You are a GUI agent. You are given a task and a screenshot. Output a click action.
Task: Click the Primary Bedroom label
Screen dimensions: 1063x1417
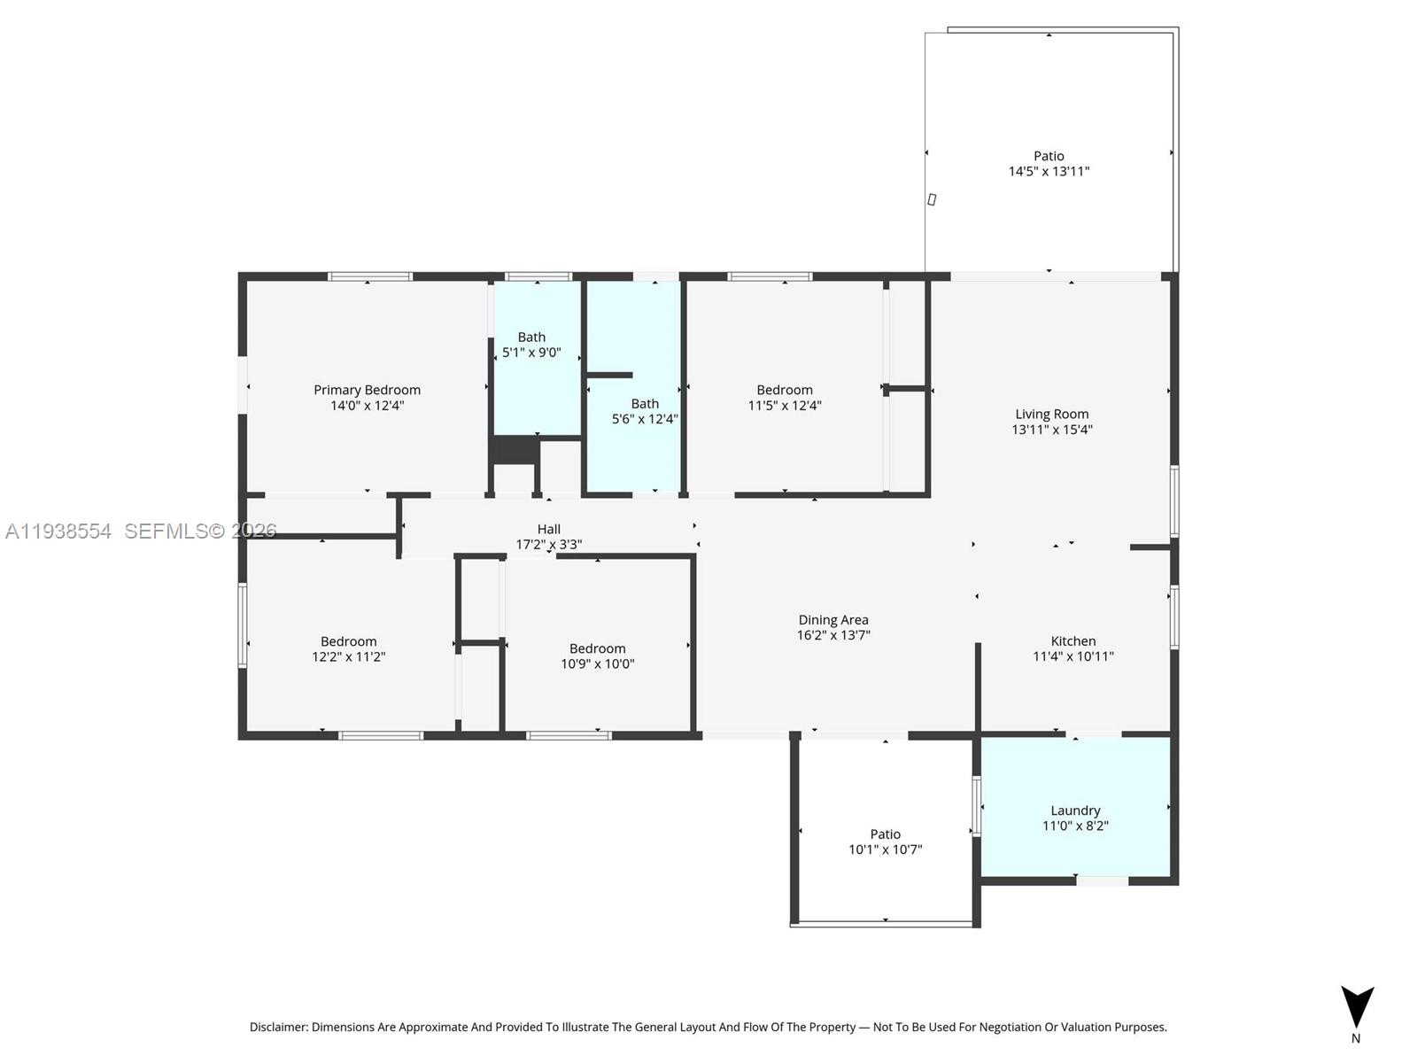(367, 390)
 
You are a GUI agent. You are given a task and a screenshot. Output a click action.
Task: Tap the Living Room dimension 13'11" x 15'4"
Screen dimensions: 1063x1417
(1052, 430)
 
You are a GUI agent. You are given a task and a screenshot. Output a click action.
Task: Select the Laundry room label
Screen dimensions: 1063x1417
(1075, 811)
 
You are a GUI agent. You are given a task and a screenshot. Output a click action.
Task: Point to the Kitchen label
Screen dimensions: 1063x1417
(1073, 641)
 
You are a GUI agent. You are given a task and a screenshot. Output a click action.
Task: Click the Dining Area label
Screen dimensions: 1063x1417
(833, 620)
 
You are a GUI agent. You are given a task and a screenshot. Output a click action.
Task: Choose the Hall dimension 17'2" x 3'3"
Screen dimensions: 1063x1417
(549, 545)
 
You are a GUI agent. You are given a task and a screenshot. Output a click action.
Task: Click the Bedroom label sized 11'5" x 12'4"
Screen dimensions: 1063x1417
(785, 390)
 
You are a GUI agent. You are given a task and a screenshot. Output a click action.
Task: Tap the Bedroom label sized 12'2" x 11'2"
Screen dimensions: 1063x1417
(348, 641)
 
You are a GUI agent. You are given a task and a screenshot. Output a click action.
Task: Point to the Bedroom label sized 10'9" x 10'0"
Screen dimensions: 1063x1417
(598, 648)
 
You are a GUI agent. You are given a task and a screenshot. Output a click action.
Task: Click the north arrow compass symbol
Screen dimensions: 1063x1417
(1357, 1008)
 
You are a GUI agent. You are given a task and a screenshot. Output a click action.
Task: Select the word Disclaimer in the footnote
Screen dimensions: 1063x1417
(278, 1028)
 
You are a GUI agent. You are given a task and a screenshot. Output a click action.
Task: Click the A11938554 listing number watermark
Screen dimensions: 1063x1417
(58, 531)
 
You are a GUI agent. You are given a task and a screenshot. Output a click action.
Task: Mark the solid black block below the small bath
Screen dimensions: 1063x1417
(515, 450)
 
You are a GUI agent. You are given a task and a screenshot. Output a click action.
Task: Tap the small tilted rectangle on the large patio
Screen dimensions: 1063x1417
(932, 199)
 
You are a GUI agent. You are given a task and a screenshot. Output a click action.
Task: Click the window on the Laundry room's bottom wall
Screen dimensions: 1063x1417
(1102, 881)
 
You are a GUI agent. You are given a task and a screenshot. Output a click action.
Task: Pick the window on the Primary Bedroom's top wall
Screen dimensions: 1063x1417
(370, 276)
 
